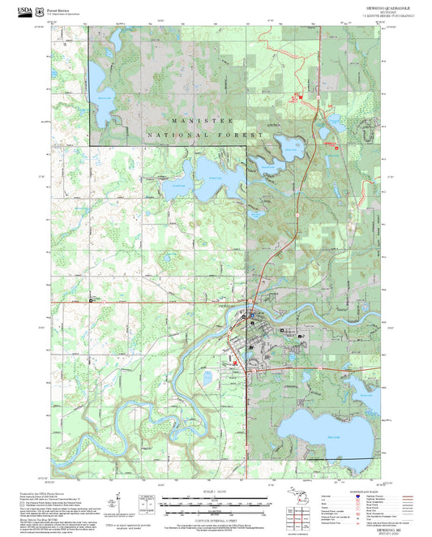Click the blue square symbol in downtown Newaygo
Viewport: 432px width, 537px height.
click(252, 316)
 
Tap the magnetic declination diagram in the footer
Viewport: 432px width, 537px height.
click(145, 504)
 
